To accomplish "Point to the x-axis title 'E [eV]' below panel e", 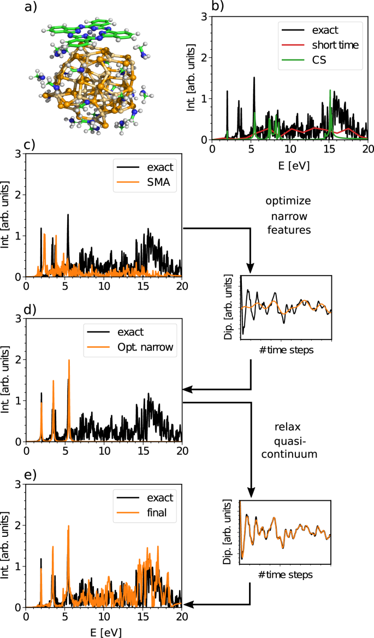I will click(x=104, y=631).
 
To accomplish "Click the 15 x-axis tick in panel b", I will click(x=329, y=149).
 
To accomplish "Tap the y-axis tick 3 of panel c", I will click(x=18, y=155).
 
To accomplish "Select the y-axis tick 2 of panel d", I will click(x=18, y=360).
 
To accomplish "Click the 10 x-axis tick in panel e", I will click(x=104, y=616).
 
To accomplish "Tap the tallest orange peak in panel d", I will click(x=69, y=361).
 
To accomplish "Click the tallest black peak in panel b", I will click(x=254, y=78).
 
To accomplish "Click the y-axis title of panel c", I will click(x=7, y=216).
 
